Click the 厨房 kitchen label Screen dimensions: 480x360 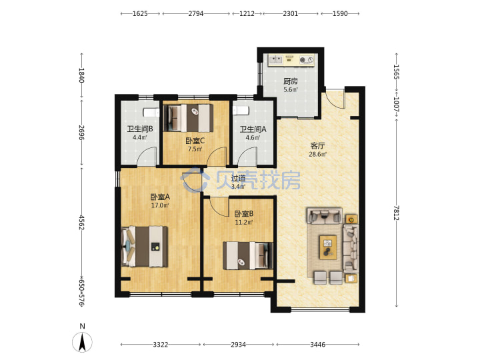click(x=290, y=81)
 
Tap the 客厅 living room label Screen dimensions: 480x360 click(x=317, y=146)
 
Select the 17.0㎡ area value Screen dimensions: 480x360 click(x=160, y=205)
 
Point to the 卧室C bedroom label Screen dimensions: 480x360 click(x=195, y=141)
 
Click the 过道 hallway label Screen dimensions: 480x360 click(x=238, y=178)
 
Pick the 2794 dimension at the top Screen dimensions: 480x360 click(x=195, y=13)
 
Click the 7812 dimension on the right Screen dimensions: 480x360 click(x=397, y=213)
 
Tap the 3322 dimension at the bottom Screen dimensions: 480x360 click(x=161, y=345)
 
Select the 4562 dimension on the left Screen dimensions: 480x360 click(x=81, y=223)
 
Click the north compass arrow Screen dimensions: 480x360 click(x=82, y=343)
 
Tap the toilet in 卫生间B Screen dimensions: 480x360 click(x=151, y=113)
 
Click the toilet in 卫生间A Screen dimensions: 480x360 click(x=240, y=110)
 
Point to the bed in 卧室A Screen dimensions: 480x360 click(x=145, y=247)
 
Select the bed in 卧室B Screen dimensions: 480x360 click(x=247, y=255)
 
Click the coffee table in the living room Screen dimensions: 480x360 click(x=328, y=247)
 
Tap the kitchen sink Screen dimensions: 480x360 click(x=275, y=59)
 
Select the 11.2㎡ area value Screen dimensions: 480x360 click(x=244, y=222)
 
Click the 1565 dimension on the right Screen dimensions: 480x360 click(x=397, y=71)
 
